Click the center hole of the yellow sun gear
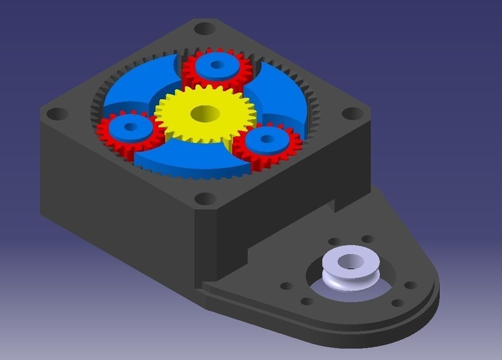[205, 114]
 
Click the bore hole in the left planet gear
[131, 126]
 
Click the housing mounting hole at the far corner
[204, 28]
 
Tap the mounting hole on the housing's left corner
[57, 114]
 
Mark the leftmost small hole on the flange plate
[286, 286]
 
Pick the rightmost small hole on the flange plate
[411, 285]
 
